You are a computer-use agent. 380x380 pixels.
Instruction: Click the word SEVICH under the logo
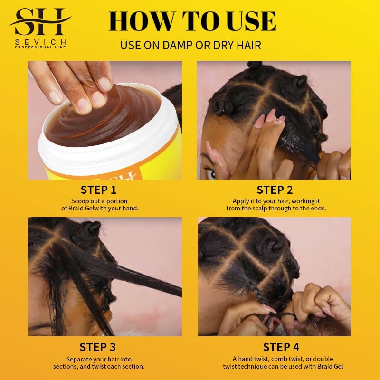click(40, 42)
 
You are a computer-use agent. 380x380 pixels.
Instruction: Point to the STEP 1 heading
click(98, 190)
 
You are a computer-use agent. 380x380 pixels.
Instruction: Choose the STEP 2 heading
click(274, 190)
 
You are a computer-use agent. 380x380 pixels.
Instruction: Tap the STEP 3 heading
click(97, 347)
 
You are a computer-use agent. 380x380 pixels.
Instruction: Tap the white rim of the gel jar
click(109, 154)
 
